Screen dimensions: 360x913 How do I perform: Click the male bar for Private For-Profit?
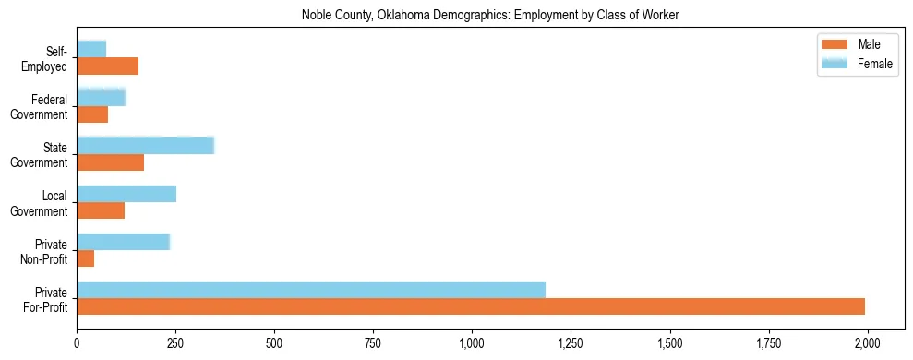(x=471, y=306)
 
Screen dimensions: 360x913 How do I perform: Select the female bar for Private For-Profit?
(x=311, y=290)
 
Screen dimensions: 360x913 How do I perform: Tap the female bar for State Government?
(x=145, y=145)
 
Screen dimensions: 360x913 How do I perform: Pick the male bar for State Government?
(x=110, y=162)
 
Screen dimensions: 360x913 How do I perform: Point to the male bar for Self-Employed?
(x=107, y=66)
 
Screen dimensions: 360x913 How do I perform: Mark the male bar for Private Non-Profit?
(x=85, y=258)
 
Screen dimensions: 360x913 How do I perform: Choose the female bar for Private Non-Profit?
(x=123, y=242)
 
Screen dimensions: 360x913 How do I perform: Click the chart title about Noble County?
(x=490, y=16)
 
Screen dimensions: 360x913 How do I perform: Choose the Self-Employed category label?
(x=48, y=59)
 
